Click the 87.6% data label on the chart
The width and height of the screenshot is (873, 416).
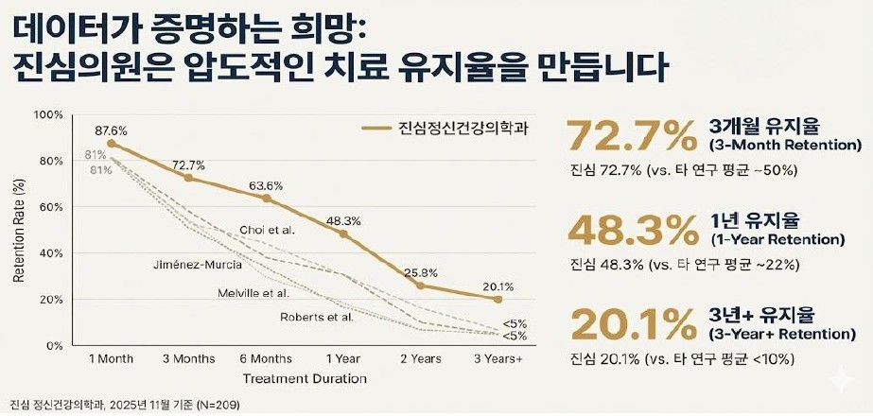(x=111, y=130)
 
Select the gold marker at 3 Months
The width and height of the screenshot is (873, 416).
(x=188, y=178)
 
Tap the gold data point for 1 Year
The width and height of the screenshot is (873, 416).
(x=343, y=234)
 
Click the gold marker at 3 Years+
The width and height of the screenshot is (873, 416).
(x=498, y=299)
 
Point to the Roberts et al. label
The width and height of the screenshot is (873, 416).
(x=317, y=317)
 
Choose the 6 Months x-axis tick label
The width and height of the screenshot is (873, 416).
(x=266, y=359)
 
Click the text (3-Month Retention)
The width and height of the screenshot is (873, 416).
(x=785, y=147)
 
